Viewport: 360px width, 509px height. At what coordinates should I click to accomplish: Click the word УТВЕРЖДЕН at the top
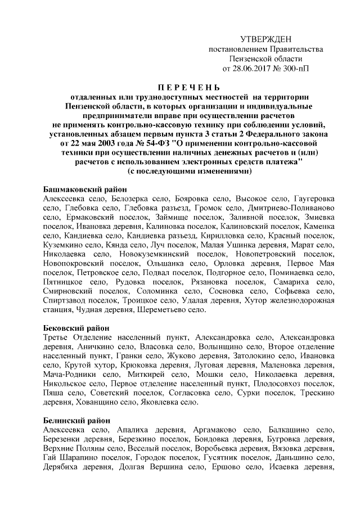pos(266,39)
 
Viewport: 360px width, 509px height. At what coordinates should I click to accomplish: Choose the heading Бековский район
pos(76,327)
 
